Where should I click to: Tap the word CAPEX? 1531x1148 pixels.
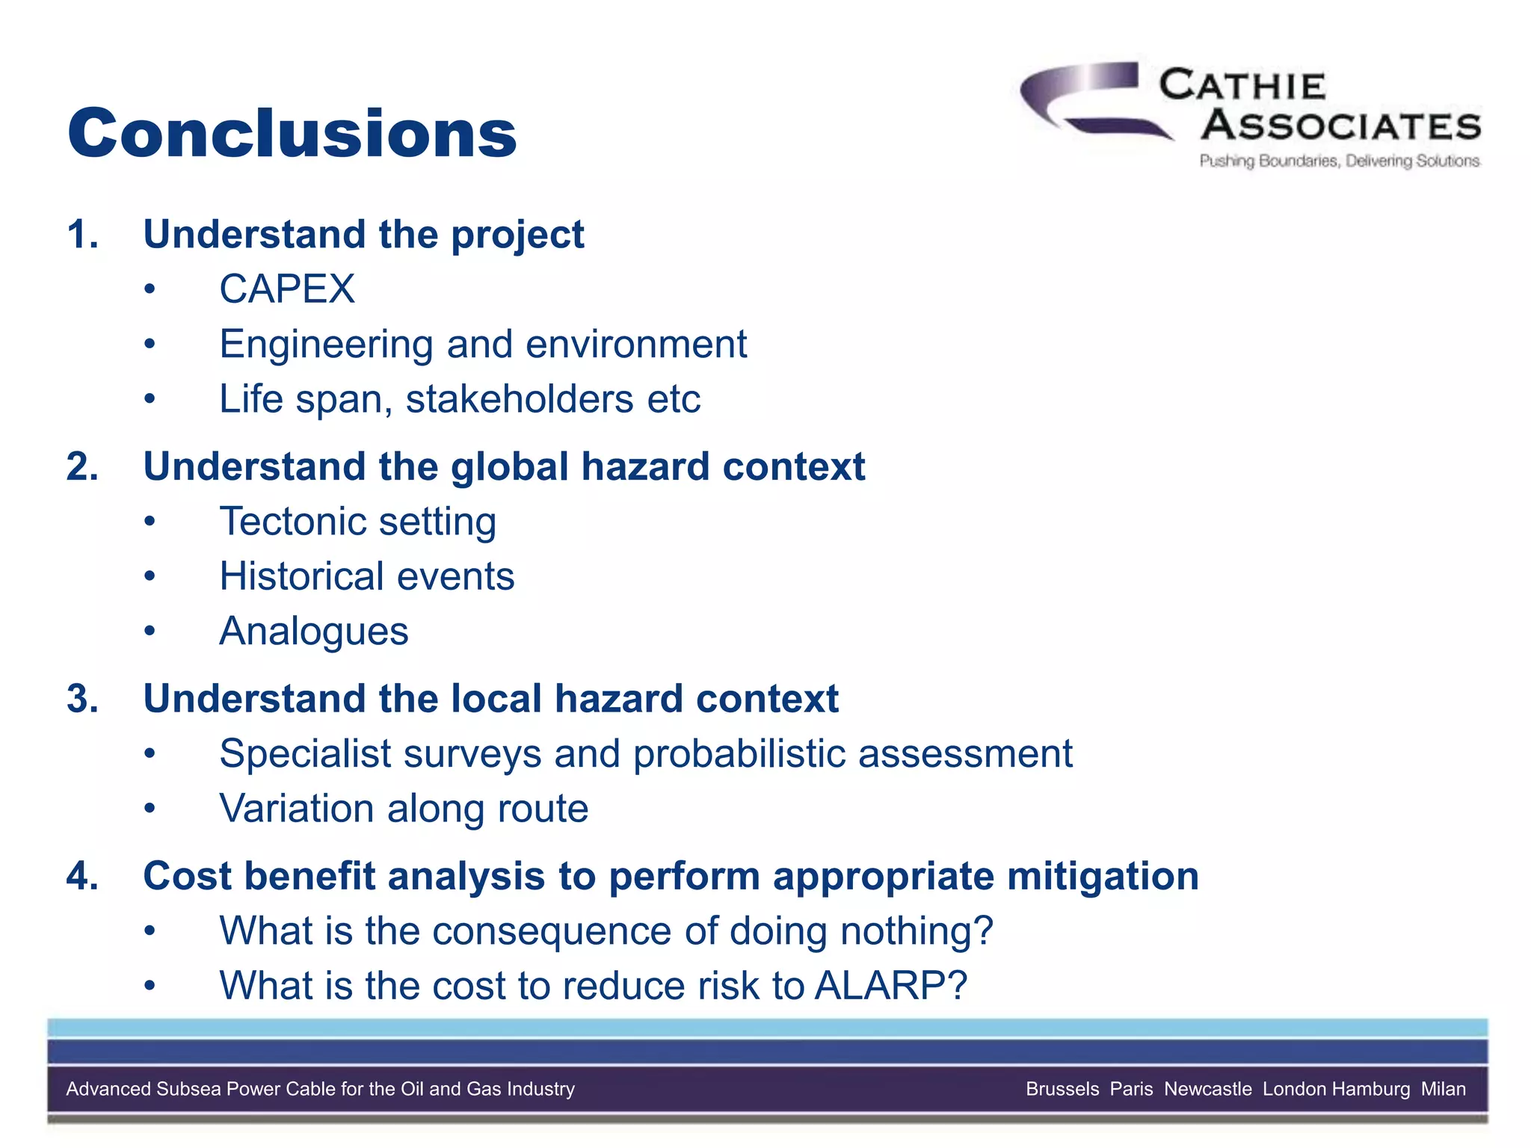pos(287,289)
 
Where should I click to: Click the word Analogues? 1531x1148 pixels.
pos(314,632)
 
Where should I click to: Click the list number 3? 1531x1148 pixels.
pos(81,699)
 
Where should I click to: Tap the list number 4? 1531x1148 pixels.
pos(81,876)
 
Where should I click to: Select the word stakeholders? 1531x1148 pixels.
pos(520,399)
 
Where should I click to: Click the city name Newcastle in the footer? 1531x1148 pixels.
pos(1207,1089)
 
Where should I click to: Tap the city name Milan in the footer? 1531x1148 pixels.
pos(1443,1089)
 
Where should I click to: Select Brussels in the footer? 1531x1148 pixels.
pos(1062,1089)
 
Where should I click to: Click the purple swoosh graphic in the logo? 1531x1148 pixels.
pos(1084,97)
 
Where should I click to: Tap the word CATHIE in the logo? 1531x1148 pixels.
pos(1242,85)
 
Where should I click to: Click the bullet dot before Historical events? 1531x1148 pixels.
pos(150,576)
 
